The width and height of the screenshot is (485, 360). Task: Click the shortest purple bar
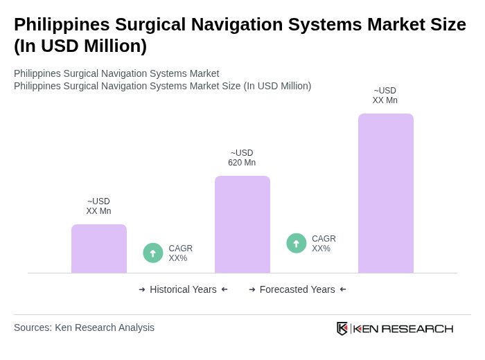click(99, 249)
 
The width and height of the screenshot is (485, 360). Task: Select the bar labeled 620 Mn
click(242, 224)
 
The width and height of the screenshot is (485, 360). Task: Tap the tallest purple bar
click(385, 193)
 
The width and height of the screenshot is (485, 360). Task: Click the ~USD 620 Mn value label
click(242, 158)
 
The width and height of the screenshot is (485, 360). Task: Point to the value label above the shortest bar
click(98, 206)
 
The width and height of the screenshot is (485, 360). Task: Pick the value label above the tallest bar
click(385, 96)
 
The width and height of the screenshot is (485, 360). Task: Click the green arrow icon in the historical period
click(153, 253)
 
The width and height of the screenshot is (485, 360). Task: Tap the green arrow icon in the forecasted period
click(297, 244)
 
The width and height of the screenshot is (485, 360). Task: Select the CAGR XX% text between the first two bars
click(180, 253)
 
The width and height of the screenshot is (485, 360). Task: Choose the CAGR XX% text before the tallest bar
click(324, 244)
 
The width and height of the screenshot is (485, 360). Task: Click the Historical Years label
click(183, 289)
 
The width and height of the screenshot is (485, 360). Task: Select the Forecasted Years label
click(297, 289)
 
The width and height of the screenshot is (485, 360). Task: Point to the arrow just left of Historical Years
click(142, 289)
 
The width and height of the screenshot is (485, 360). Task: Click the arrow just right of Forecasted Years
click(343, 289)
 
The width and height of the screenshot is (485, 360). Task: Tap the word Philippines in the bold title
click(61, 24)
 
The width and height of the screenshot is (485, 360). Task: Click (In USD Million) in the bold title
click(80, 46)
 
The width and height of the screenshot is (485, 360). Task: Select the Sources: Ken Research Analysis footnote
click(84, 327)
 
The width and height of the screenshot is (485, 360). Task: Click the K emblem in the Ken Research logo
click(342, 328)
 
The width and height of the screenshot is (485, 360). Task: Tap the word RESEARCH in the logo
click(417, 328)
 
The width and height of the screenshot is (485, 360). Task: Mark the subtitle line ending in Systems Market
click(116, 73)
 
